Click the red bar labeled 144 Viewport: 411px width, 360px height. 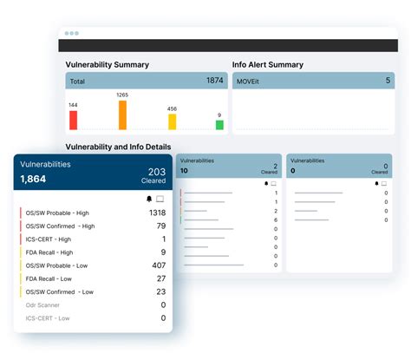click(73, 120)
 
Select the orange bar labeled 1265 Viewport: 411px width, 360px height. click(122, 115)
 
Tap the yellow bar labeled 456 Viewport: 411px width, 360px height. click(172, 121)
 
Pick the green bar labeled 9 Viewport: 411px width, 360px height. click(219, 125)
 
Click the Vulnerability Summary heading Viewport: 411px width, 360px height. click(108, 64)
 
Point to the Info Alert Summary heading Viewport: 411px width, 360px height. click(268, 64)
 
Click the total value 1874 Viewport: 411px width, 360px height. click(214, 81)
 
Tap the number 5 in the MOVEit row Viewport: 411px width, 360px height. click(387, 81)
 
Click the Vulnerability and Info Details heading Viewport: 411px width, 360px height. click(118, 147)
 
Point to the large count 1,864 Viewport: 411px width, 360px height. click(33, 179)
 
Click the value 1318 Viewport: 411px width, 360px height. click(157, 213)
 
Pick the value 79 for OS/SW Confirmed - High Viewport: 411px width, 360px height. click(160, 226)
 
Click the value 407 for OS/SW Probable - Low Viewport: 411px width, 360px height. click(158, 265)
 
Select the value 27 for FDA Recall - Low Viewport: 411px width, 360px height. click(161, 278)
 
